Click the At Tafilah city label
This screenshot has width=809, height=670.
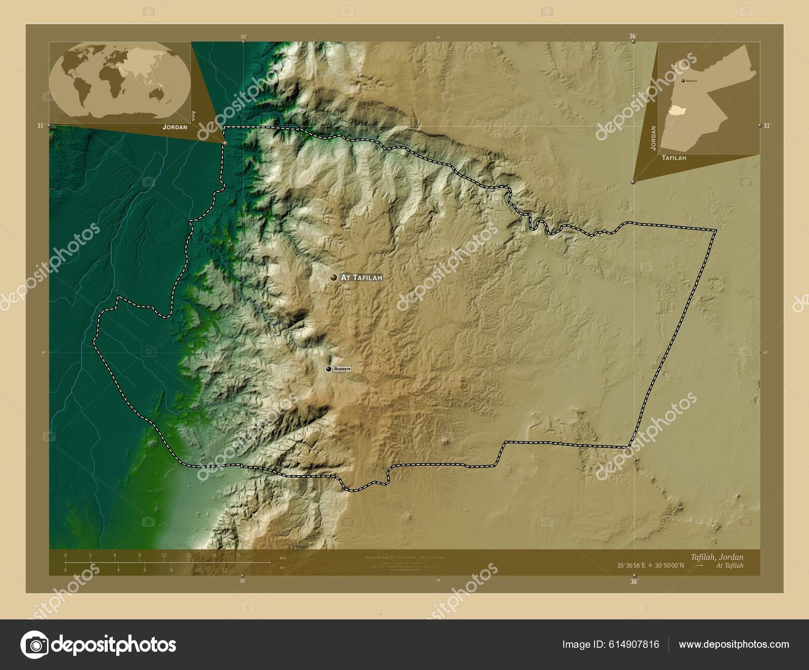tap(361, 278)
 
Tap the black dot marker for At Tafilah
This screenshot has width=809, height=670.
tap(333, 277)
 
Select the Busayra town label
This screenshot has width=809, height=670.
tap(342, 369)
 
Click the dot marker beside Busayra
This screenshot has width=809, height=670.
tap(328, 369)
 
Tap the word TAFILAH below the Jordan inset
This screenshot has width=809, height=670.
tap(673, 158)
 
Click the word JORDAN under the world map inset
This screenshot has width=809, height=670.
tap(174, 127)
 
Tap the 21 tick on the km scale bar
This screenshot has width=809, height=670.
tap(238, 555)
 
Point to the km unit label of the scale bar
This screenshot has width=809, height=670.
tap(283, 558)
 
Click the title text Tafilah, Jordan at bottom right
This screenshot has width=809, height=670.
tap(724, 557)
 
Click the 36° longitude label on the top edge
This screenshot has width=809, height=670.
tap(632, 36)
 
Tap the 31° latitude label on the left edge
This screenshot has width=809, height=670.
tap(40, 126)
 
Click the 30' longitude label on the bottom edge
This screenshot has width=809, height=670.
tap(242, 581)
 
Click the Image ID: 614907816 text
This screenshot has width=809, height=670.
tap(611, 644)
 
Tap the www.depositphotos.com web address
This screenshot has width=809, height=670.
tap(734, 644)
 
